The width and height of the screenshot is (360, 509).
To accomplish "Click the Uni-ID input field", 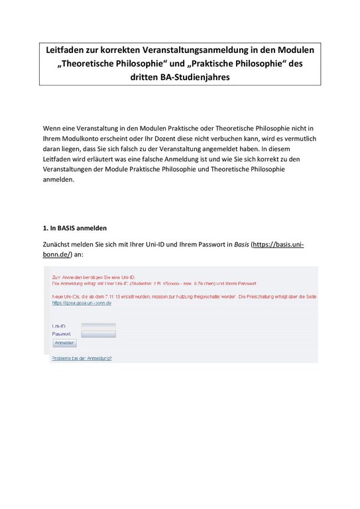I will coord(98,326).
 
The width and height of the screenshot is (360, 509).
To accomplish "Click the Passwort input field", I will coord(98,334).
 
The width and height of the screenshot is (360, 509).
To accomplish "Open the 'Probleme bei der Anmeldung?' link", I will coord(82,358).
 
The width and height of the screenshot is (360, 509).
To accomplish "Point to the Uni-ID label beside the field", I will coord(59,327).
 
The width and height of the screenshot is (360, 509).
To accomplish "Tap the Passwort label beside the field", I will coord(62,335).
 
